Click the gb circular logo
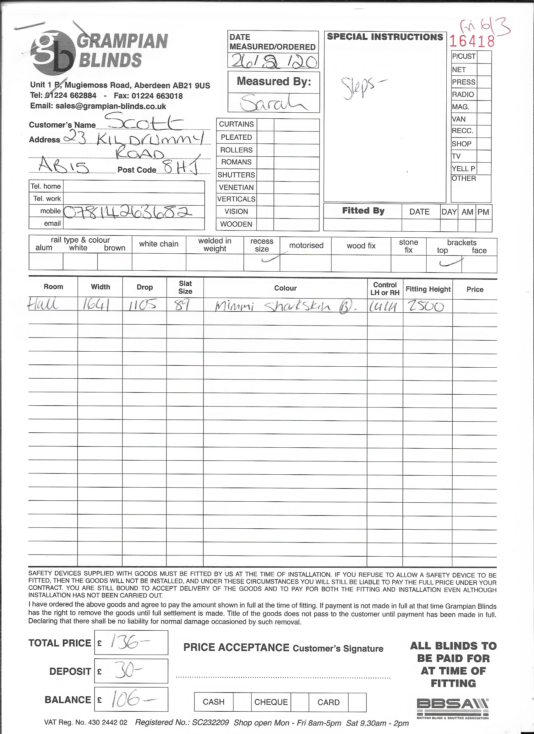pos(52,52)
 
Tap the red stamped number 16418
pos(472,41)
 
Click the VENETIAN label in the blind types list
pos(236,187)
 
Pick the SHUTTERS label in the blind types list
pos(236,175)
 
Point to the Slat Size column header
pos(185,287)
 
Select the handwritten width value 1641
pos(95,305)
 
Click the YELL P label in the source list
pos(463,169)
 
